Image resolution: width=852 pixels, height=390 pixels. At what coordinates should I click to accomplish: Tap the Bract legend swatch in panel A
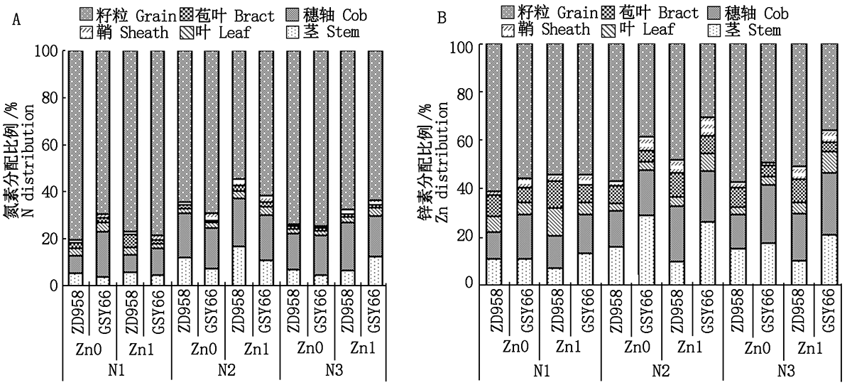coord(185,14)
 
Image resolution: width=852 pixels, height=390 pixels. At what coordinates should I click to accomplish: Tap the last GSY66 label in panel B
coord(829,309)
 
